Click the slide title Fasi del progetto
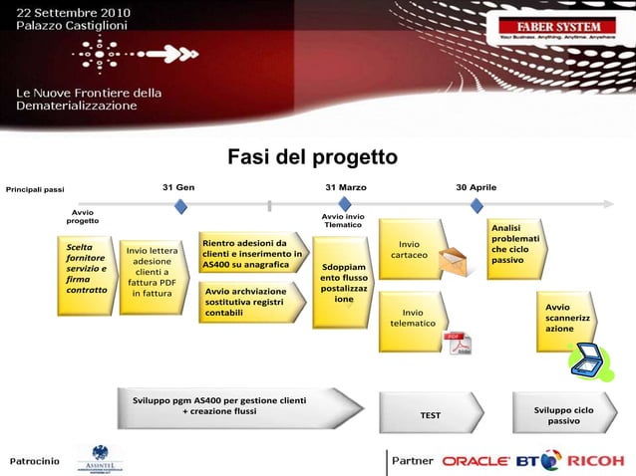[x=312, y=157]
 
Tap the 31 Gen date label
[x=178, y=187]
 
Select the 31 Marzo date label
[x=345, y=187]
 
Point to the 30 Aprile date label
[x=476, y=187]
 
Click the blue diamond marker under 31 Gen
[x=180, y=206]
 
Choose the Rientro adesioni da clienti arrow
[x=252, y=254]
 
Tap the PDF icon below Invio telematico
[x=458, y=342]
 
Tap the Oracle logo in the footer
[x=477, y=461]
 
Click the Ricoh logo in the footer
[x=595, y=460]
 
